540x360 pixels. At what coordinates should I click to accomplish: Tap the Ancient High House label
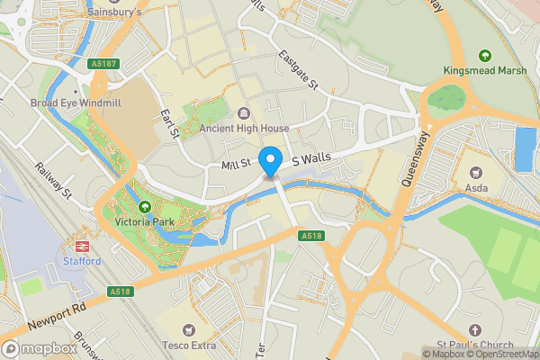point(244,129)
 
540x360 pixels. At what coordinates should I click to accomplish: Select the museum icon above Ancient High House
point(244,113)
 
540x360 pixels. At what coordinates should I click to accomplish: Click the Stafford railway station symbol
point(81,246)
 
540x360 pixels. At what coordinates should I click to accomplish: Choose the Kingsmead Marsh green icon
point(486,56)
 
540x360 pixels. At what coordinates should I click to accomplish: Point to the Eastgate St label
point(298,73)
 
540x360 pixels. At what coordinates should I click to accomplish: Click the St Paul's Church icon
point(473,330)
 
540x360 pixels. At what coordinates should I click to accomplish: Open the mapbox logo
point(40,348)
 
